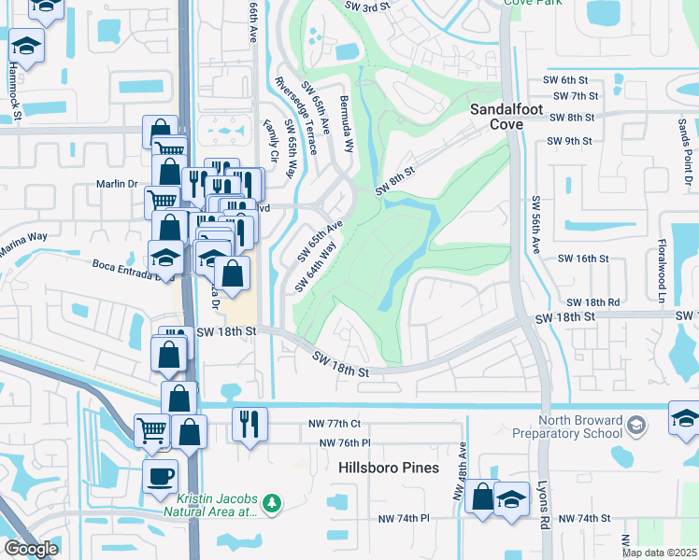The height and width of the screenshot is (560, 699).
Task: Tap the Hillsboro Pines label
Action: pyautogui.click(x=390, y=468)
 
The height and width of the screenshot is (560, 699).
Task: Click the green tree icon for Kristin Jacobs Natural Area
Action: pyautogui.click(x=272, y=504)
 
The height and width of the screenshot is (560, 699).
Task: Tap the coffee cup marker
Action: pyautogui.click(x=160, y=476)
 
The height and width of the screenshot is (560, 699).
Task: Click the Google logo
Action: pyautogui.click(x=31, y=549)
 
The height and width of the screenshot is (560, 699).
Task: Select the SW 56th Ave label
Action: pyautogui.click(x=536, y=225)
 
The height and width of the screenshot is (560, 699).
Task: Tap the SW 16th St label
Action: pyautogui.click(x=583, y=259)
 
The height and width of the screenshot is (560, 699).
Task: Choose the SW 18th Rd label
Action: pyautogui.click(x=592, y=302)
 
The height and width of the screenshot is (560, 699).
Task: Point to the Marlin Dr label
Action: pyautogui.click(x=118, y=184)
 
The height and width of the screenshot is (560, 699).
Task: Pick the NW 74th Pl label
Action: pyautogui.click(x=403, y=518)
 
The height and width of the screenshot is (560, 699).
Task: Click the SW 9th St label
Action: pyautogui.click(x=572, y=141)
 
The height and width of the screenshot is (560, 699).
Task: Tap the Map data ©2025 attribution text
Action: pyautogui.click(x=658, y=553)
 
